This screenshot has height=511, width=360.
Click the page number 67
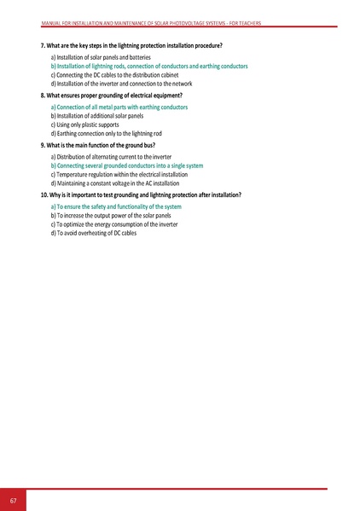coord(14,499)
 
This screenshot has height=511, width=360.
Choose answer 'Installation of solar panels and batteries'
coord(101,55)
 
